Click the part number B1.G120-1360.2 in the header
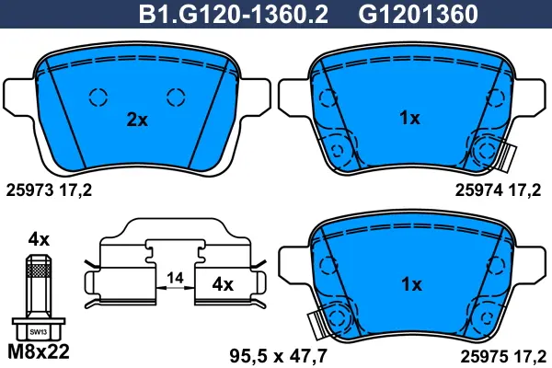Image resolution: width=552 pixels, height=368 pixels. pyautogui.click(x=234, y=14)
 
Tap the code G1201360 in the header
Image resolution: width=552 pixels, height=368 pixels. pyautogui.click(x=418, y=14)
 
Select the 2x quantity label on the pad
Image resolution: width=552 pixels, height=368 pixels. pyautogui.click(x=137, y=121)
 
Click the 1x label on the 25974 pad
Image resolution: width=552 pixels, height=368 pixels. pyautogui.click(x=409, y=118)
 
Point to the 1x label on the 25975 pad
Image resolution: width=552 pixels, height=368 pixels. pyautogui.click(x=411, y=284)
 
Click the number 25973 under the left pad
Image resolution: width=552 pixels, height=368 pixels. pyautogui.click(x=30, y=190)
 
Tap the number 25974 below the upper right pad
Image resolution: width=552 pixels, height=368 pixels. pyautogui.click(x=479, y=190)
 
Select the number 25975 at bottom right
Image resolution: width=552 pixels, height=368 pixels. pyautogui.click(x=485, y=357)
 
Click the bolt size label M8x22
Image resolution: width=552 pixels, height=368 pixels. pyautogui.click(x=39, y=351)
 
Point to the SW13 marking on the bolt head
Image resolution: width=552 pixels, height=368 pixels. pyautogui.click(x=38, y=332)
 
